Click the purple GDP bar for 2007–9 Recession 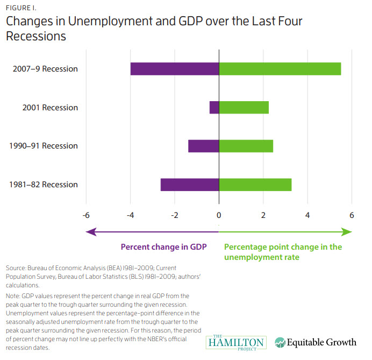tap(174, 69)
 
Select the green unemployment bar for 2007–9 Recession tap(280, 69)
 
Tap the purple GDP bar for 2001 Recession tap(214, 108)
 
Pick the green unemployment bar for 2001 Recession tap(244, 108)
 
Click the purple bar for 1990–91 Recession tap(203, 146)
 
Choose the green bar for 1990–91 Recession tap(246, 146)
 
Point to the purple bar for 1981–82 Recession tap(189, 185)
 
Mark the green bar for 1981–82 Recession tap(255, 185)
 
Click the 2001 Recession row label tap(50, 108)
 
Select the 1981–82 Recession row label tap(44, 185)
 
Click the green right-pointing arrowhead tap(347, 231)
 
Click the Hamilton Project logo tap(235, 341)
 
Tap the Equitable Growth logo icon tap(281, 342)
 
